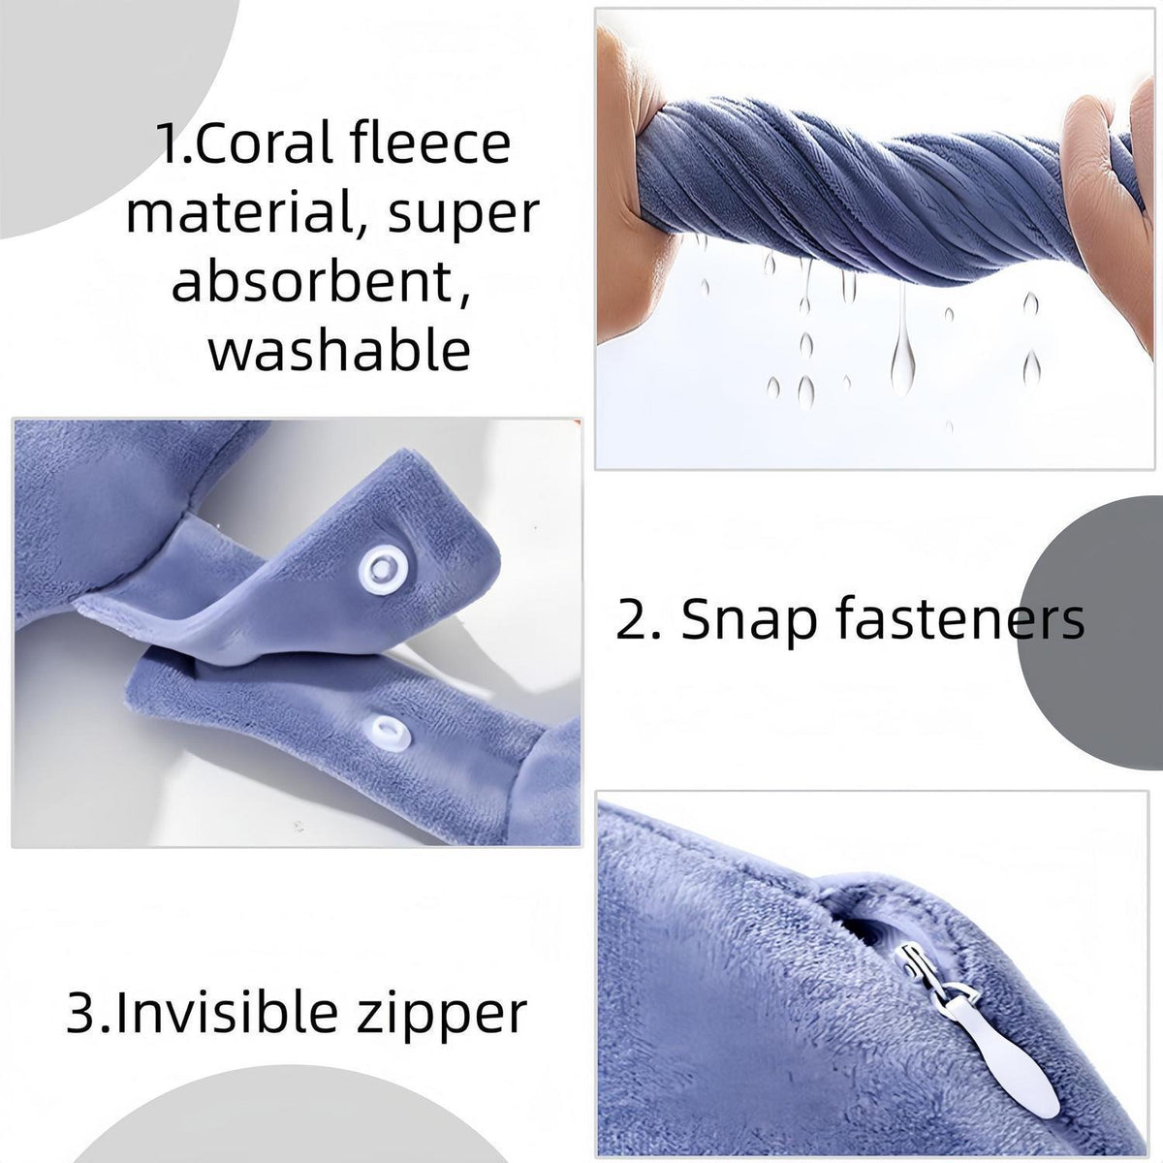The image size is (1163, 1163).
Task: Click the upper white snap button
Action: [x=382, y=567]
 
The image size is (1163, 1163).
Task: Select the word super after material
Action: [x=463, y=215]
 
